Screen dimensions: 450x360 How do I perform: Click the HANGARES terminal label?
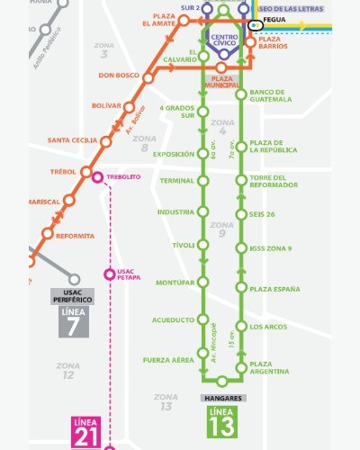(x=223, y=396)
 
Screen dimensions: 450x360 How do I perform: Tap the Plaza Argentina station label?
(x=269, y=367)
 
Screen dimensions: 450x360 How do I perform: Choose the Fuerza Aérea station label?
(x=168, y=360)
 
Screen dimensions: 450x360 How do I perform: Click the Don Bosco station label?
(x=119, y=76)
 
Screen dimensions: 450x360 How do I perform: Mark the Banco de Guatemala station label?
(x=267, y=96)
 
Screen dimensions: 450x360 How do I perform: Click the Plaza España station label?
(x=274, y=289)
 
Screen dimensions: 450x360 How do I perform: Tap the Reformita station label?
(x=75, y=236)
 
